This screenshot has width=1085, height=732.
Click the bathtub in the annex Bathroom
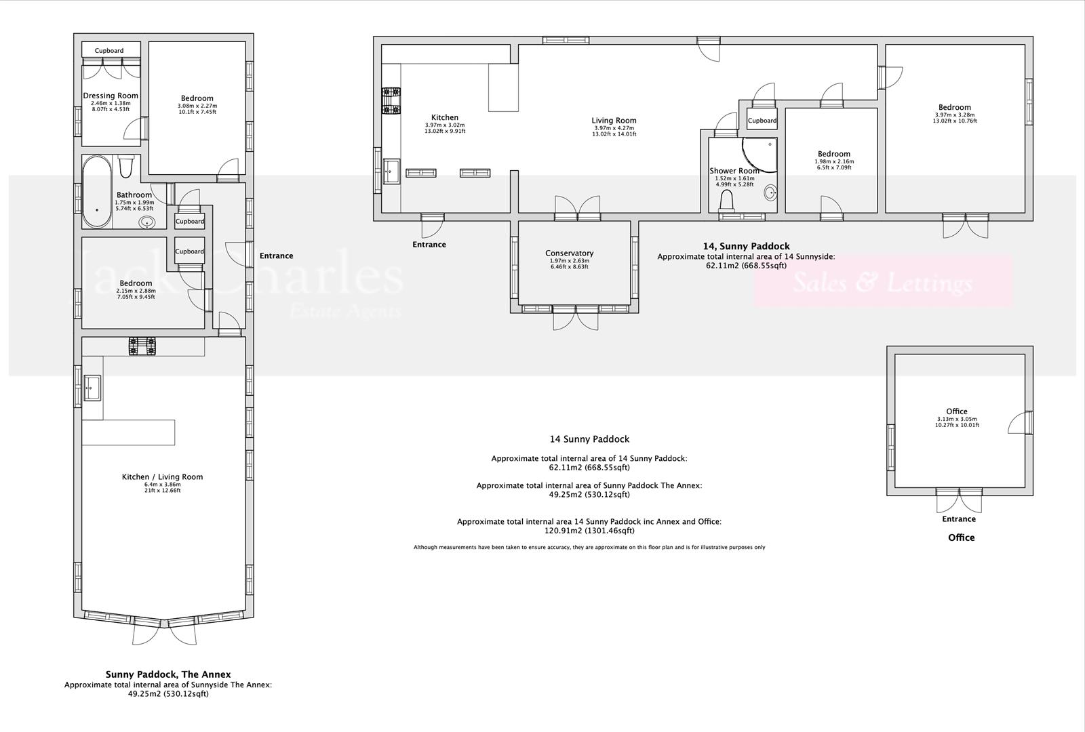click(98, 192)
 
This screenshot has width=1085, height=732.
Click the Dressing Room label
click(111, 96)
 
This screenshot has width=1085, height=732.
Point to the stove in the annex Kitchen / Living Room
click(142, 346)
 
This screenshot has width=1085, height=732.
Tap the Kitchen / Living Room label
click(162, 476)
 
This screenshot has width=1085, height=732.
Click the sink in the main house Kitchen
click(392, 171)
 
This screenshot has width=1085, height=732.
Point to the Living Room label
click(614, 121)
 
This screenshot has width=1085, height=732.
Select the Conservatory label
click(569, 253)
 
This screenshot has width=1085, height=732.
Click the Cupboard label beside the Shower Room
click(762, 121)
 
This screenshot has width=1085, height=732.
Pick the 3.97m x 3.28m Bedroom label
click(954, 107)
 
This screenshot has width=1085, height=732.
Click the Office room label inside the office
click(956, 411)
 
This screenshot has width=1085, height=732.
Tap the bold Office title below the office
click(961, 537)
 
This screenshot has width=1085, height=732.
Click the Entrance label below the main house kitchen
click(429, 245)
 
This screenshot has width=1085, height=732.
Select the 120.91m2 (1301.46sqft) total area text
click(589, 531)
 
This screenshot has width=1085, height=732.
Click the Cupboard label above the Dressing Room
click(109, 51)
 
